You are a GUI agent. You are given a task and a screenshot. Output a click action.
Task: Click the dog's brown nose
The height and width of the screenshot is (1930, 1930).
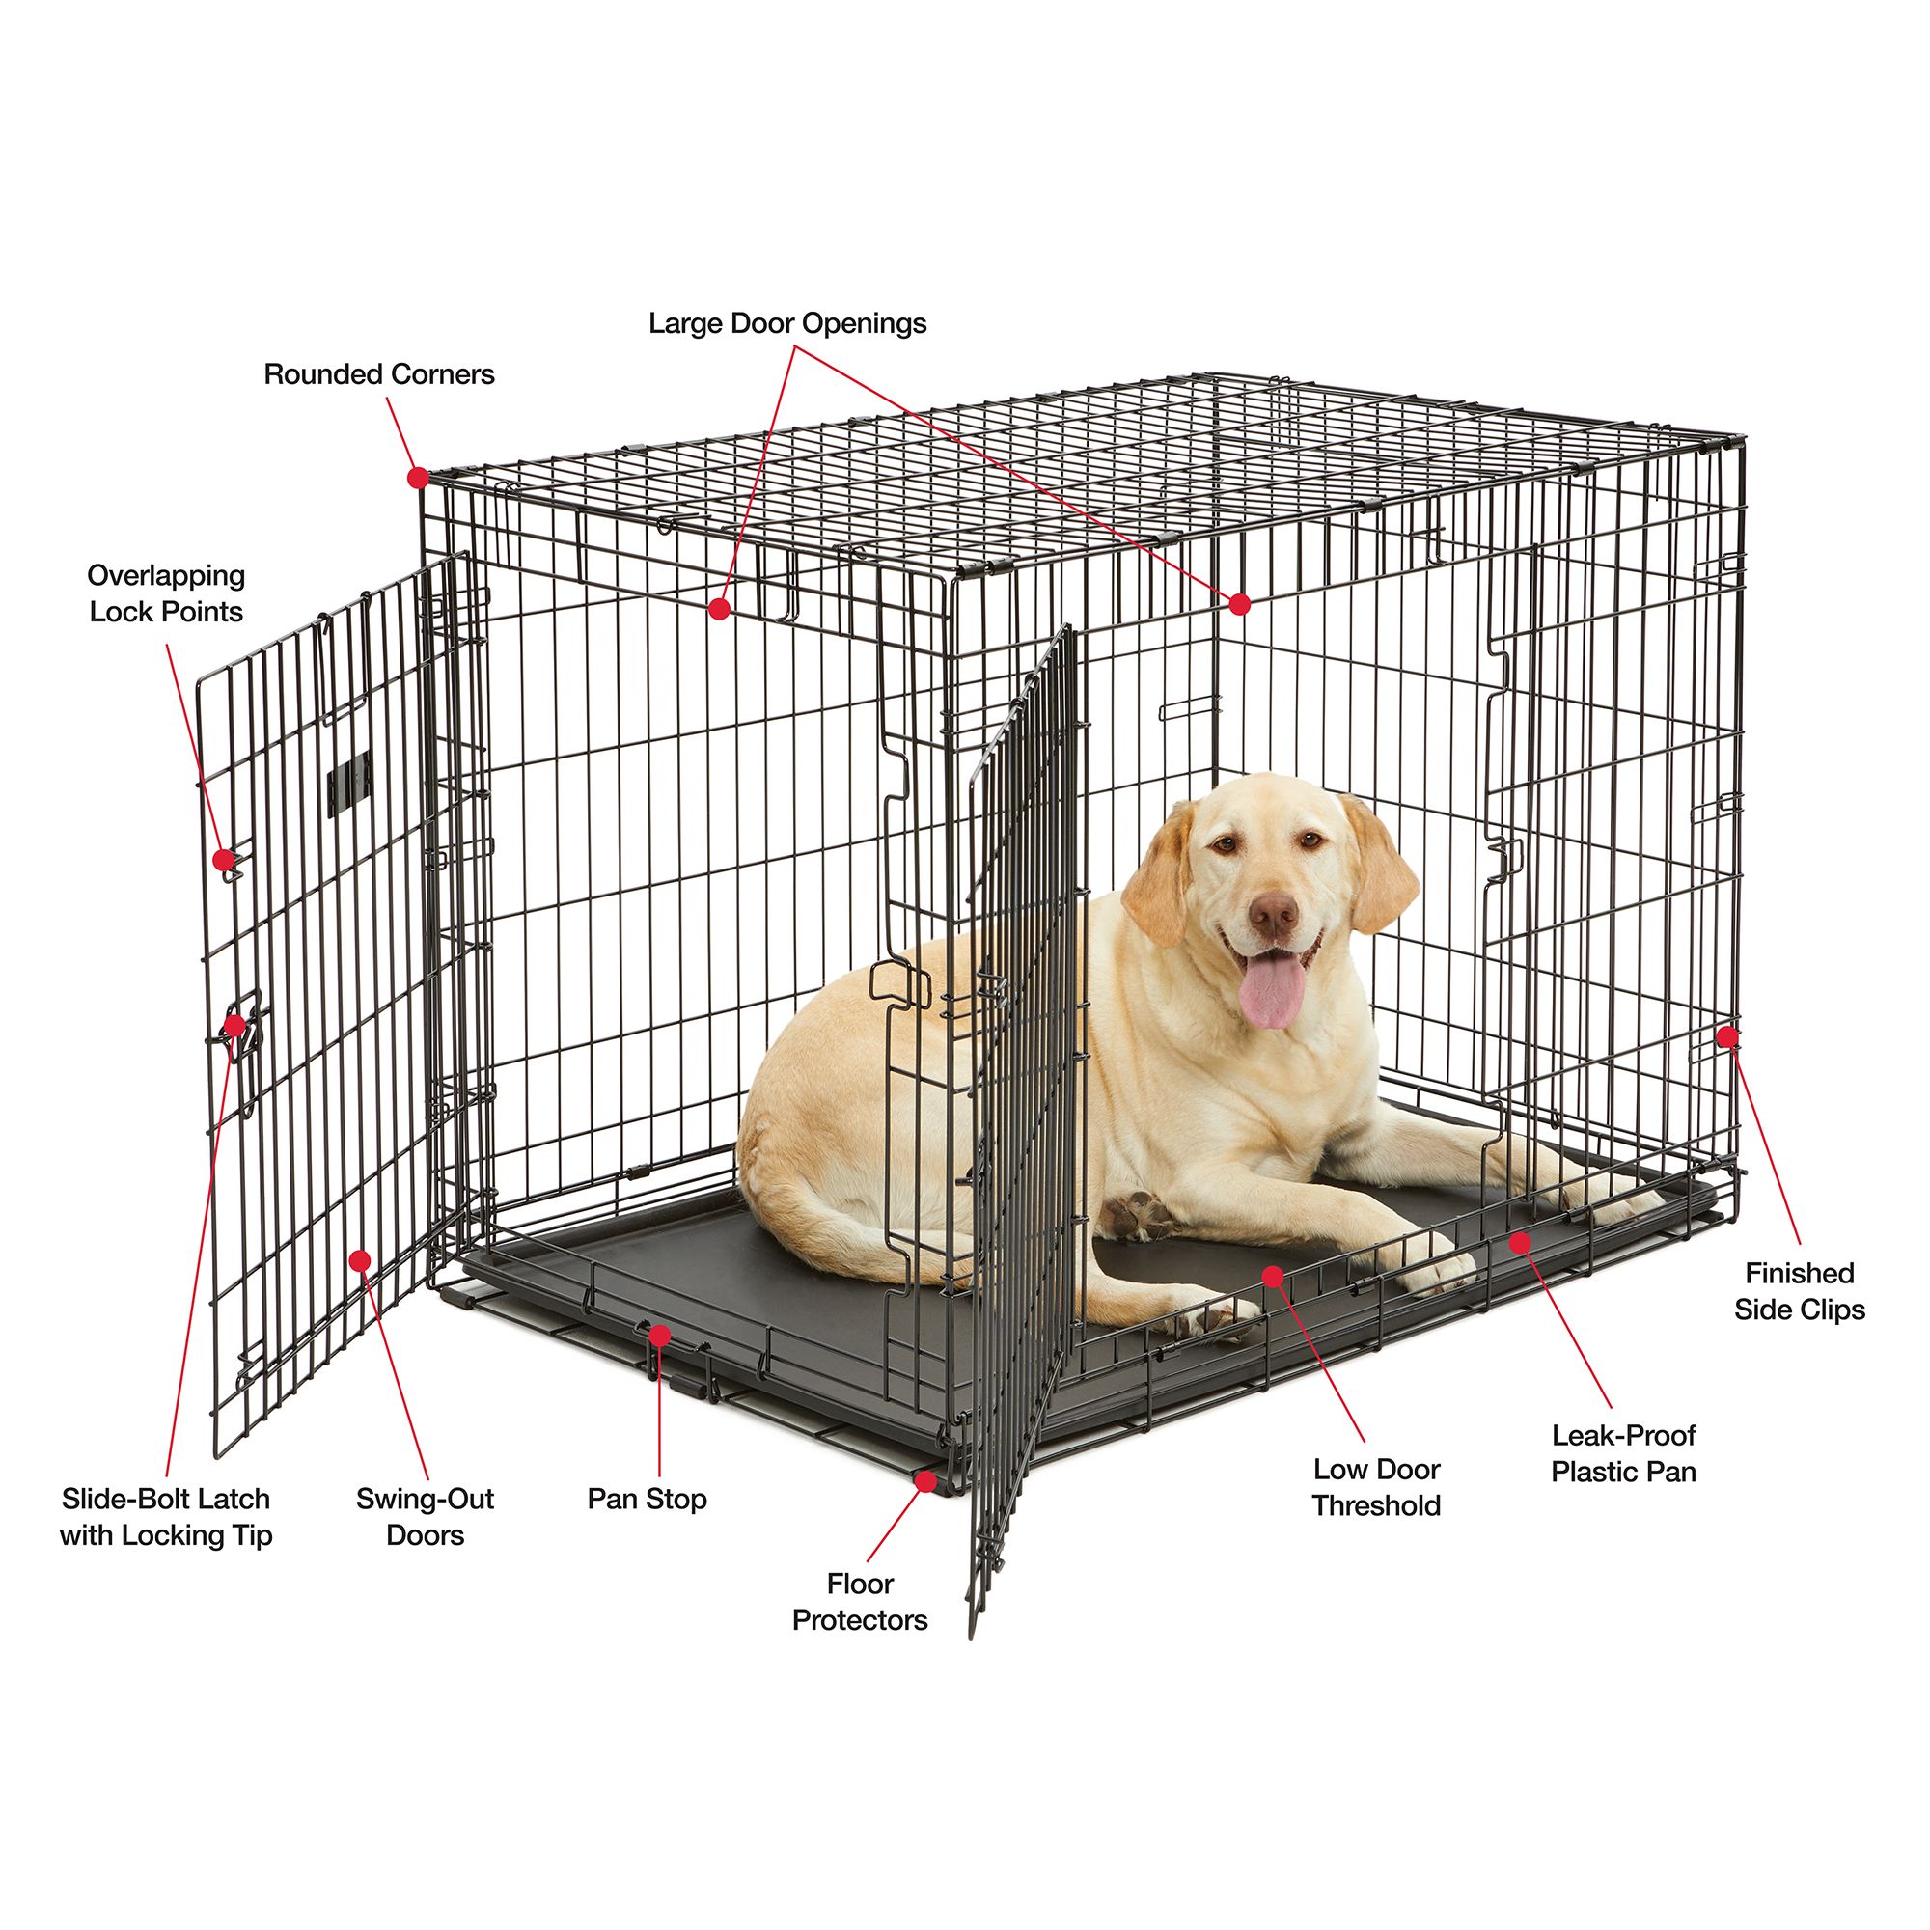click(x=1274, y=913)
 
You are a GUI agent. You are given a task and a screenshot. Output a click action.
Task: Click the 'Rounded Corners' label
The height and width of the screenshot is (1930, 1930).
click(x=378, y=374)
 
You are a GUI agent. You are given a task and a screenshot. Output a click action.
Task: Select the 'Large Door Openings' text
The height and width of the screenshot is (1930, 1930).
click(x=787, y=323)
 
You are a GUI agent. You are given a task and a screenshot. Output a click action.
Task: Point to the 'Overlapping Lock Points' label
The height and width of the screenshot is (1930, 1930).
click(x=166, y=593)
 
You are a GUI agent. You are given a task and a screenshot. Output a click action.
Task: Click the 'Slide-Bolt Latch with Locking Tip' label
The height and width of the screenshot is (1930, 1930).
click(x=166, y=1516)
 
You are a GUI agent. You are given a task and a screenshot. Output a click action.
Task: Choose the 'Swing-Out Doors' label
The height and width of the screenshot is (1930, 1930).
click(x=425, y=1516)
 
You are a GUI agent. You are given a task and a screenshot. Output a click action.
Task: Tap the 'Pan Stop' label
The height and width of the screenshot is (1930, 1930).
click(x=647, y=1499)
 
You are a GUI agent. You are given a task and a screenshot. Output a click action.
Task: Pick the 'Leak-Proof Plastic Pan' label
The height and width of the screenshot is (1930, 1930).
click(x=1623, y=1453)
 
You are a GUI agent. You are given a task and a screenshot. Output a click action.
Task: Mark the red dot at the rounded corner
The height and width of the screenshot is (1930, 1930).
click(x=419, y=478)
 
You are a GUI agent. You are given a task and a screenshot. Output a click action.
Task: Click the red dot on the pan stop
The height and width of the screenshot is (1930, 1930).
click(x=659, y=1335)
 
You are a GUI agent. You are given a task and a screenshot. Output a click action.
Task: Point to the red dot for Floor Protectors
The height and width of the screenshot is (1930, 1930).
click(x=926, y=1481)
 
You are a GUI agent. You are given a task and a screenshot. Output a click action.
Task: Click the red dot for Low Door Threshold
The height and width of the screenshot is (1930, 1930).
click(x=1273, y=1276)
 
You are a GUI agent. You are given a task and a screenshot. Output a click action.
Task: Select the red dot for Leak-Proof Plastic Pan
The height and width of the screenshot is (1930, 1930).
click(x=1521, y=1243)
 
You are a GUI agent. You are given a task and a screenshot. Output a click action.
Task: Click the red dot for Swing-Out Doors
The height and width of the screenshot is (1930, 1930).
click(x=360, y=1260)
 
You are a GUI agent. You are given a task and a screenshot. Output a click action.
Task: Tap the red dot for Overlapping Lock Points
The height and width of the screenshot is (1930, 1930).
click(x=225, y=859)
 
